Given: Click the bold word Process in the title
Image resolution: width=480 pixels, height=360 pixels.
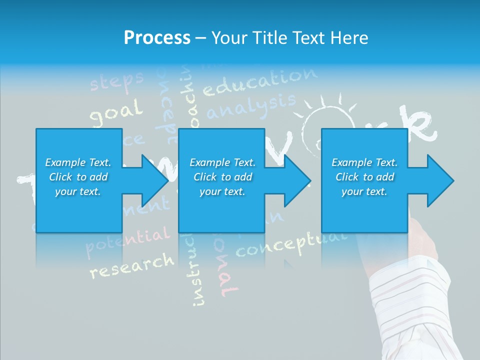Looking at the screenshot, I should click(157, 38).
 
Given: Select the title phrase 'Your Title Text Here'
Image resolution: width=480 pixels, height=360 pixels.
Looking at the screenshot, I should click(290, 38).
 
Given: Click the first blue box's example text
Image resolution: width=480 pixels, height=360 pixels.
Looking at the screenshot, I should click(78, 177).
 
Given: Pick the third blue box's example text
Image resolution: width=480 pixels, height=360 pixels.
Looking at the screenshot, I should click(364, 177).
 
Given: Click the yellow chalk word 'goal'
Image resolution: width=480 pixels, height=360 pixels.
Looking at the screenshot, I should click(116, 113).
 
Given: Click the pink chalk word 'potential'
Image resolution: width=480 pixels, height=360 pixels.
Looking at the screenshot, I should click(127, 240).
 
